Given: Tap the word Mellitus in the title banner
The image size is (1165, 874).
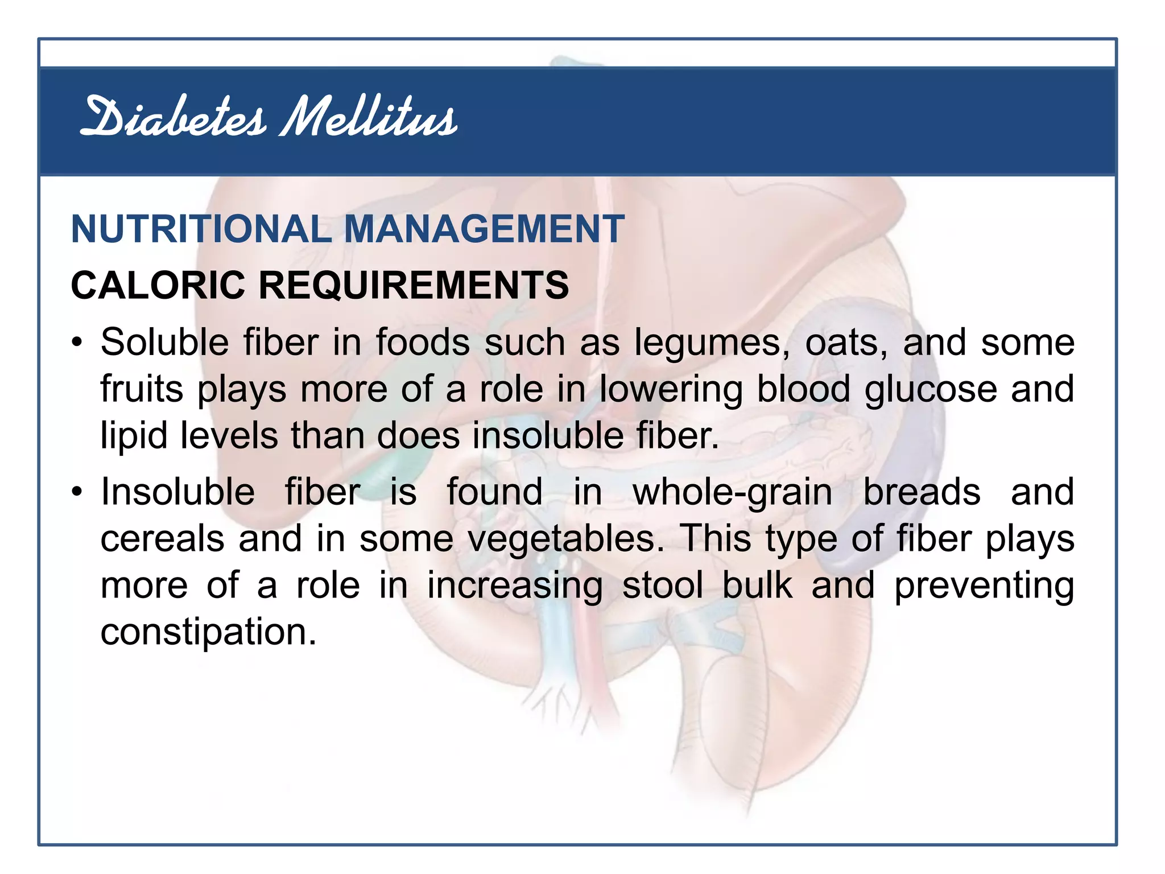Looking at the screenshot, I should coord(369,118).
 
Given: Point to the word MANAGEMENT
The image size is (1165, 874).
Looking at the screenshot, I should coord(484,229).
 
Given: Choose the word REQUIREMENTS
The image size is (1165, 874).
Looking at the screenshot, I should coord(414,285).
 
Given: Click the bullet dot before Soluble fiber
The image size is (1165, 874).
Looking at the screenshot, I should coord(77,343).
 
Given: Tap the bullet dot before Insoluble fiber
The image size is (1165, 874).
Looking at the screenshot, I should coord(77,492).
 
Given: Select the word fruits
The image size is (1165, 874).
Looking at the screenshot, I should coord(142,389).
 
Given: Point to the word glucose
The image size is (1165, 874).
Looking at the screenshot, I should coord(931,389).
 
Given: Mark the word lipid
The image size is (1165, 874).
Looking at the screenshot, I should coord(134,436).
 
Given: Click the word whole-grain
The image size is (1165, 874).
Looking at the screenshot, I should coord(733,492).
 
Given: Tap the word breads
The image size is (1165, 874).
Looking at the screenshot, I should coord(922,492).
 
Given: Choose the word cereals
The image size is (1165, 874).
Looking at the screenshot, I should coord(162,539).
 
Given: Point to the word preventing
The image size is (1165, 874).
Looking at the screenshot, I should coord(984,586).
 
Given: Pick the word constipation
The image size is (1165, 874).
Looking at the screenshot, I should coord(208,632).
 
